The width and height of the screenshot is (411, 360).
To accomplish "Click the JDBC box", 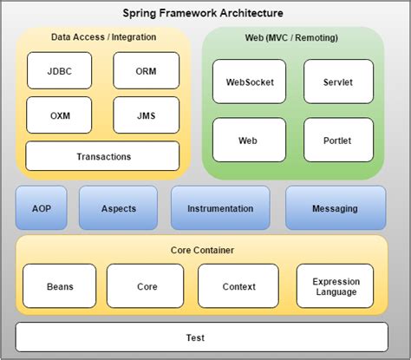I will point(60,70).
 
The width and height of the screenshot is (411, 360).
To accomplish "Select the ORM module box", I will point(146,70).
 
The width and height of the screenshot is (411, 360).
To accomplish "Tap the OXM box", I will point(60,114).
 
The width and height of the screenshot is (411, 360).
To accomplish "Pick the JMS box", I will point(146,114).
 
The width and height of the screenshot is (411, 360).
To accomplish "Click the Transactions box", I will point(102,156).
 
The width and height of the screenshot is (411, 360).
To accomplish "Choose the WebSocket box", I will point(249,82).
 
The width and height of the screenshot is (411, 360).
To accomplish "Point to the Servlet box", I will point(338,82).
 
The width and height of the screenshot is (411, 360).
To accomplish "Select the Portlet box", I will point(338,140).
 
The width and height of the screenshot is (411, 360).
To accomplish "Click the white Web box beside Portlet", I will point(249,140).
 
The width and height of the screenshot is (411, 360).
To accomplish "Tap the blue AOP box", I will point(42,208).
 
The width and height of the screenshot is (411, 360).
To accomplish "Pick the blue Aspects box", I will point(118,208).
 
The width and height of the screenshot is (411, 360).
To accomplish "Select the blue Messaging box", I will point(336,208).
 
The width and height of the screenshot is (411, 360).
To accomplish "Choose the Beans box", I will point(60,285).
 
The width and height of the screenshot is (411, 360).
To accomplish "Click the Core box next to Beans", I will point(146,285).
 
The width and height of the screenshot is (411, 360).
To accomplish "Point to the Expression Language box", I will point(336,285).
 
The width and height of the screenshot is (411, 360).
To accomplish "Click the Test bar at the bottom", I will point(200,337).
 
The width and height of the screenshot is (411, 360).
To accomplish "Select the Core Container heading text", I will point(200,250).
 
